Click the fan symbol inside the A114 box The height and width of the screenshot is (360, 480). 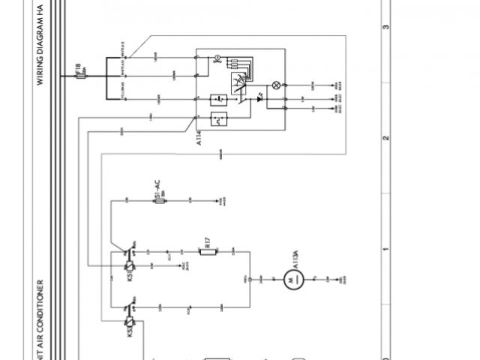click(x=217, y=58)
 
